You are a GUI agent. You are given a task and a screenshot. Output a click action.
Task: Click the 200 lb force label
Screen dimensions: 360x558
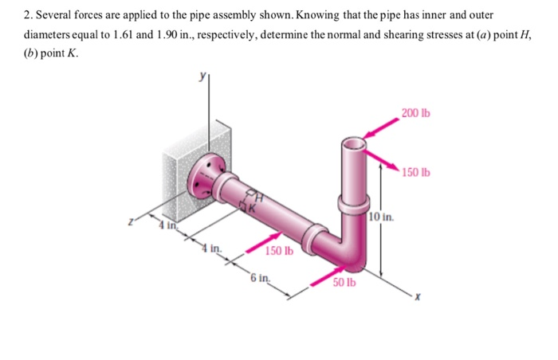coord(415,113)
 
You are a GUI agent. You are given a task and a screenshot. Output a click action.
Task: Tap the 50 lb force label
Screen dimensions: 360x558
coord(344,283)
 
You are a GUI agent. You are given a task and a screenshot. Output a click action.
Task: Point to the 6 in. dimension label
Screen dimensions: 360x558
coord(258,278)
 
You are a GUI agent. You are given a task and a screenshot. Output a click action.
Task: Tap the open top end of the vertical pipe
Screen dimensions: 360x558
coord(353,144)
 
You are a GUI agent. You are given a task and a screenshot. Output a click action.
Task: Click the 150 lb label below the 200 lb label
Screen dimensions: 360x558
coord(415,172)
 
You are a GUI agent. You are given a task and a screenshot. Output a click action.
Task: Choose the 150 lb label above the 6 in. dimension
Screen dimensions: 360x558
coord(280,251)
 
